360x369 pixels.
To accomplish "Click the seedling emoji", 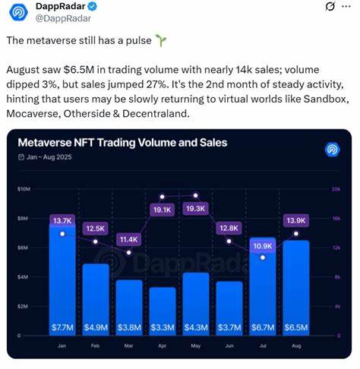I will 160,39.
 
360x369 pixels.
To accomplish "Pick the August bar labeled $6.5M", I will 295,289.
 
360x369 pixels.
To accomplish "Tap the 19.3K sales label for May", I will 195,208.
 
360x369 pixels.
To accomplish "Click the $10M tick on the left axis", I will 24,188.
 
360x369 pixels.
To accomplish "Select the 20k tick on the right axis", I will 336,188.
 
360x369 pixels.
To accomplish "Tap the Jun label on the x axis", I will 229,345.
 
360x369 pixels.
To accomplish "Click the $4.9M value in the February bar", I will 95,326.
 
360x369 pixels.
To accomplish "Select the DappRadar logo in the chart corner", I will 332,149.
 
